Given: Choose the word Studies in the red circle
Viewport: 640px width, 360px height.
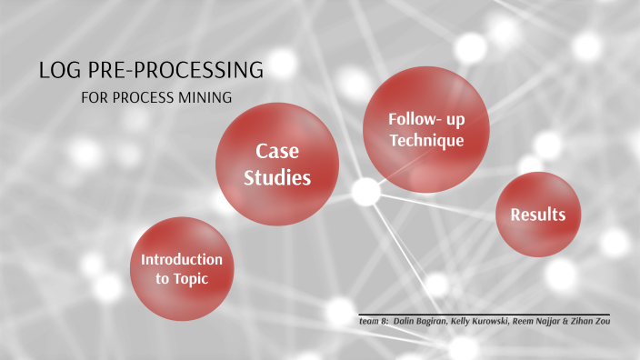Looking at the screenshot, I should (277, 177).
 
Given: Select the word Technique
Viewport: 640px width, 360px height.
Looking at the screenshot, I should (427, 141).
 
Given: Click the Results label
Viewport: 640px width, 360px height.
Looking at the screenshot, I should (538, 215).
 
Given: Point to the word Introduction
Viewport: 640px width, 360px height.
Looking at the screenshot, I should (182, 259).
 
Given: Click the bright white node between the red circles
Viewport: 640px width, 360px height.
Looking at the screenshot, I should (365, 191).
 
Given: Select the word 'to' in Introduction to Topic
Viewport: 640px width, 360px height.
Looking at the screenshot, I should (163, 279).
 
